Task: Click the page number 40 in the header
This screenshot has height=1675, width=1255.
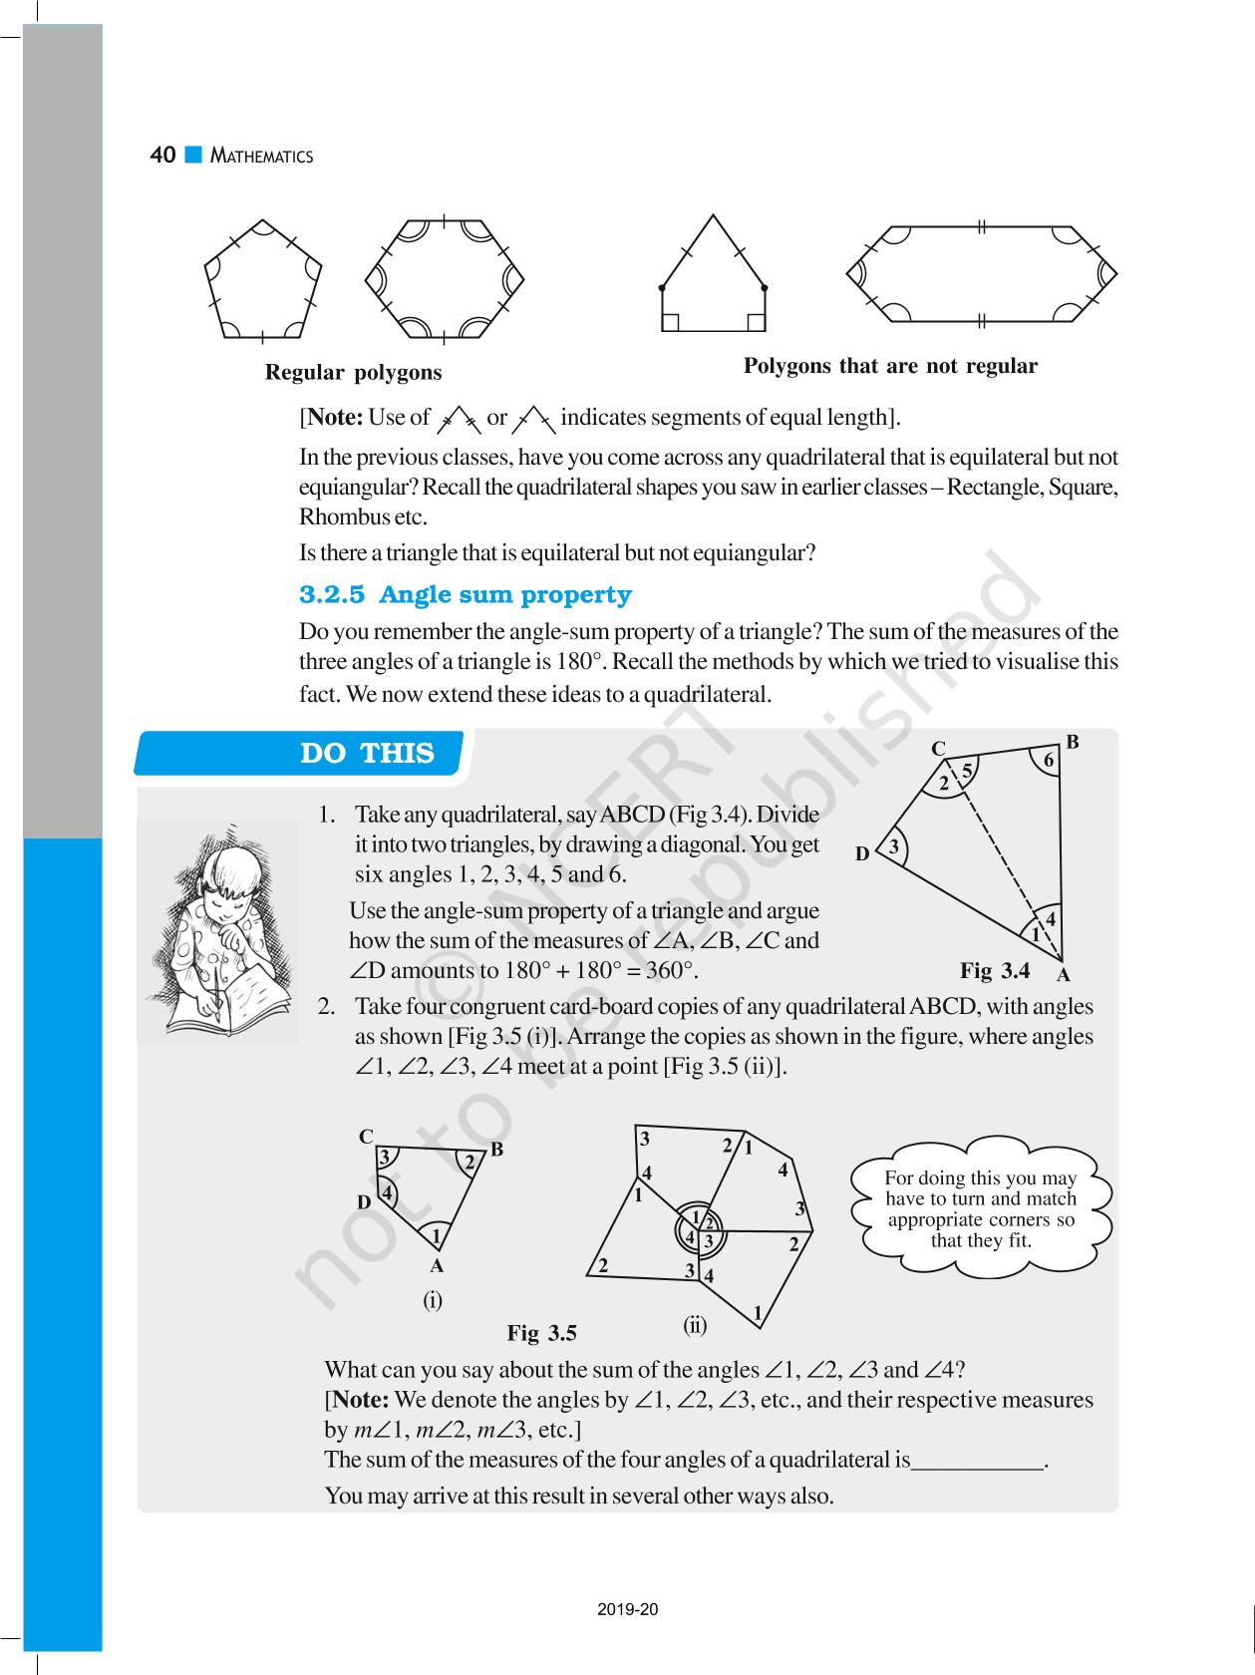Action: point(162,156)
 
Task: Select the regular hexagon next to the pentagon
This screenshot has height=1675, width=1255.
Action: point(444,278)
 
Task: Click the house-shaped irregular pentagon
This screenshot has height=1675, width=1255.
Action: point(713,279)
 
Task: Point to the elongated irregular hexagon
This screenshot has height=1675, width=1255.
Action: point(981,274)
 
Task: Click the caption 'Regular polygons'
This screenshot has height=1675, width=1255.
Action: point(353,373)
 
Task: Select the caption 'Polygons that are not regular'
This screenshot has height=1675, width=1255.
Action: point(890,366)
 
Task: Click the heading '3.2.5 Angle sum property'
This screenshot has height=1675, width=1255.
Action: point(466,595)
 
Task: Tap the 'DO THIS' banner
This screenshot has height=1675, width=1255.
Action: point(367,754)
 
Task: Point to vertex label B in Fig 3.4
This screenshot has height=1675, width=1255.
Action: point(1073,742)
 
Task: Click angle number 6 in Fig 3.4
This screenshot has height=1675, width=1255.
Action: point(1048,761)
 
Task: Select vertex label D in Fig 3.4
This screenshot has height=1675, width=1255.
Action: point(862,854)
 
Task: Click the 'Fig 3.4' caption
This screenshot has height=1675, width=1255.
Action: point(994,971)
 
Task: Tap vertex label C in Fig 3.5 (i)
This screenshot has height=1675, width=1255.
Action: point(366,1137)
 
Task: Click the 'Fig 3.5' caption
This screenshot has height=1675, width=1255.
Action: point(541,1333)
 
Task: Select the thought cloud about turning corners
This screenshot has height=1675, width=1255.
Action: point(981,1208)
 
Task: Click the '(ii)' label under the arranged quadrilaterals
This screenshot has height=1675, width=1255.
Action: point(695,1325)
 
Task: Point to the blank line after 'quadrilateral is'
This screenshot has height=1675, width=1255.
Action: point(977,1462)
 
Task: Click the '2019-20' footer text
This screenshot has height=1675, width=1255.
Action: point(628,1610)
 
